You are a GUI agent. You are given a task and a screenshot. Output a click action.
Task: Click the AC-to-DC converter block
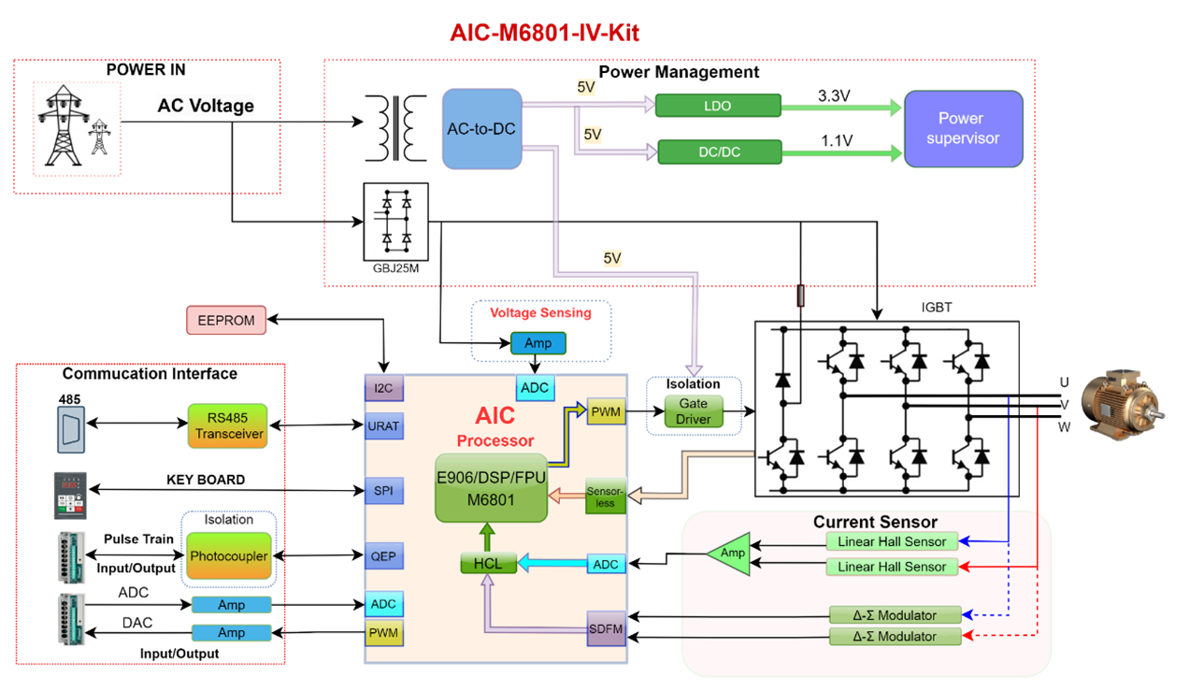click(481, 129)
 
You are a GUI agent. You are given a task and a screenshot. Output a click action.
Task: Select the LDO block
click(718, 106)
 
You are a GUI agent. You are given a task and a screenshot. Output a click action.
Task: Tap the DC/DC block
click(719, 151)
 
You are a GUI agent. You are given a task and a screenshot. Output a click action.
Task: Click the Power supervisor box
click(962, 129)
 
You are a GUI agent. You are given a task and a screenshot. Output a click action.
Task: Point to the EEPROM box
click(226, 320)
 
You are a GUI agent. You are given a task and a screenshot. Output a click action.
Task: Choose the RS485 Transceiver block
click(226, 425)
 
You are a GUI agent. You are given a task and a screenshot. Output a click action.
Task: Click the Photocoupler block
click(229, 556)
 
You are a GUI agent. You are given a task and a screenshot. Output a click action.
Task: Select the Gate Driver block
click(694, 411)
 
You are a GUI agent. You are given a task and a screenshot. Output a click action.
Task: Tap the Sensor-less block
click(605, 496)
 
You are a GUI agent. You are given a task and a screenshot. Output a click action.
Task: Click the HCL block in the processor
click(488, 564)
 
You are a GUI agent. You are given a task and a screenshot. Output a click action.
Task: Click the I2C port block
click(382, 387)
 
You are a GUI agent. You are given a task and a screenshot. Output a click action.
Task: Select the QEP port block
click(383, 557)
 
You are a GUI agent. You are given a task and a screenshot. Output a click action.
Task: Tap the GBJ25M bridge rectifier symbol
click(395, 222)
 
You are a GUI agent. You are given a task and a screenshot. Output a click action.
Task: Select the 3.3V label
click(834, 95)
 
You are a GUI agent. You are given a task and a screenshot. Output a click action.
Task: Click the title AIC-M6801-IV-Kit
click(544, 33)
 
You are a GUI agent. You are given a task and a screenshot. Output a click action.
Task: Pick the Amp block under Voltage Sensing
click(537, 343)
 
